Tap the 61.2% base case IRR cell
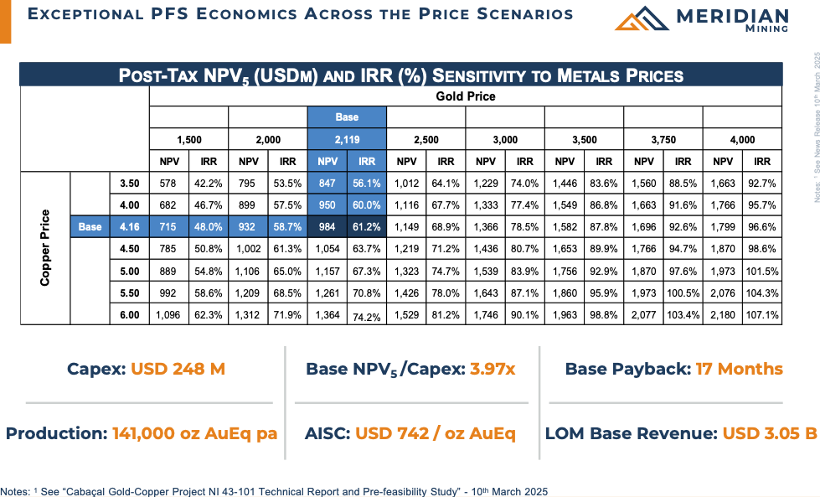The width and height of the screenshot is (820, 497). tap(367, 226)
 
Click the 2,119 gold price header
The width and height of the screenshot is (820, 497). tap(347, 139)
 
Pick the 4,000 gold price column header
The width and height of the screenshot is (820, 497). tap(742, 139)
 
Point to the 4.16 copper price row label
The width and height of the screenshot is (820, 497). tap(129, 226)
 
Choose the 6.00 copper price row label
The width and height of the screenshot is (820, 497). tap(129, 314)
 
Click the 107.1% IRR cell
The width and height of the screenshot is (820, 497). tap(762, 314)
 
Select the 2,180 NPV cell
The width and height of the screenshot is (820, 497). tap(723, 314)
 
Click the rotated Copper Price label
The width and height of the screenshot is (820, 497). tap(45, 248)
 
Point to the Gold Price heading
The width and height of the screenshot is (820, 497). tap(465, 96)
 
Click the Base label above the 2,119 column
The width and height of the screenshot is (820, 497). tap(347, 117)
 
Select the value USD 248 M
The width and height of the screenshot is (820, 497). tap(178, 369)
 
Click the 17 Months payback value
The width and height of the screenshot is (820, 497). tap(739, 369)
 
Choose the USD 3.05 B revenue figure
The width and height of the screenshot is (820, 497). tap(770, 433)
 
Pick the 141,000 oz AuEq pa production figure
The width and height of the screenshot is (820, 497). tap(194, 433)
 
